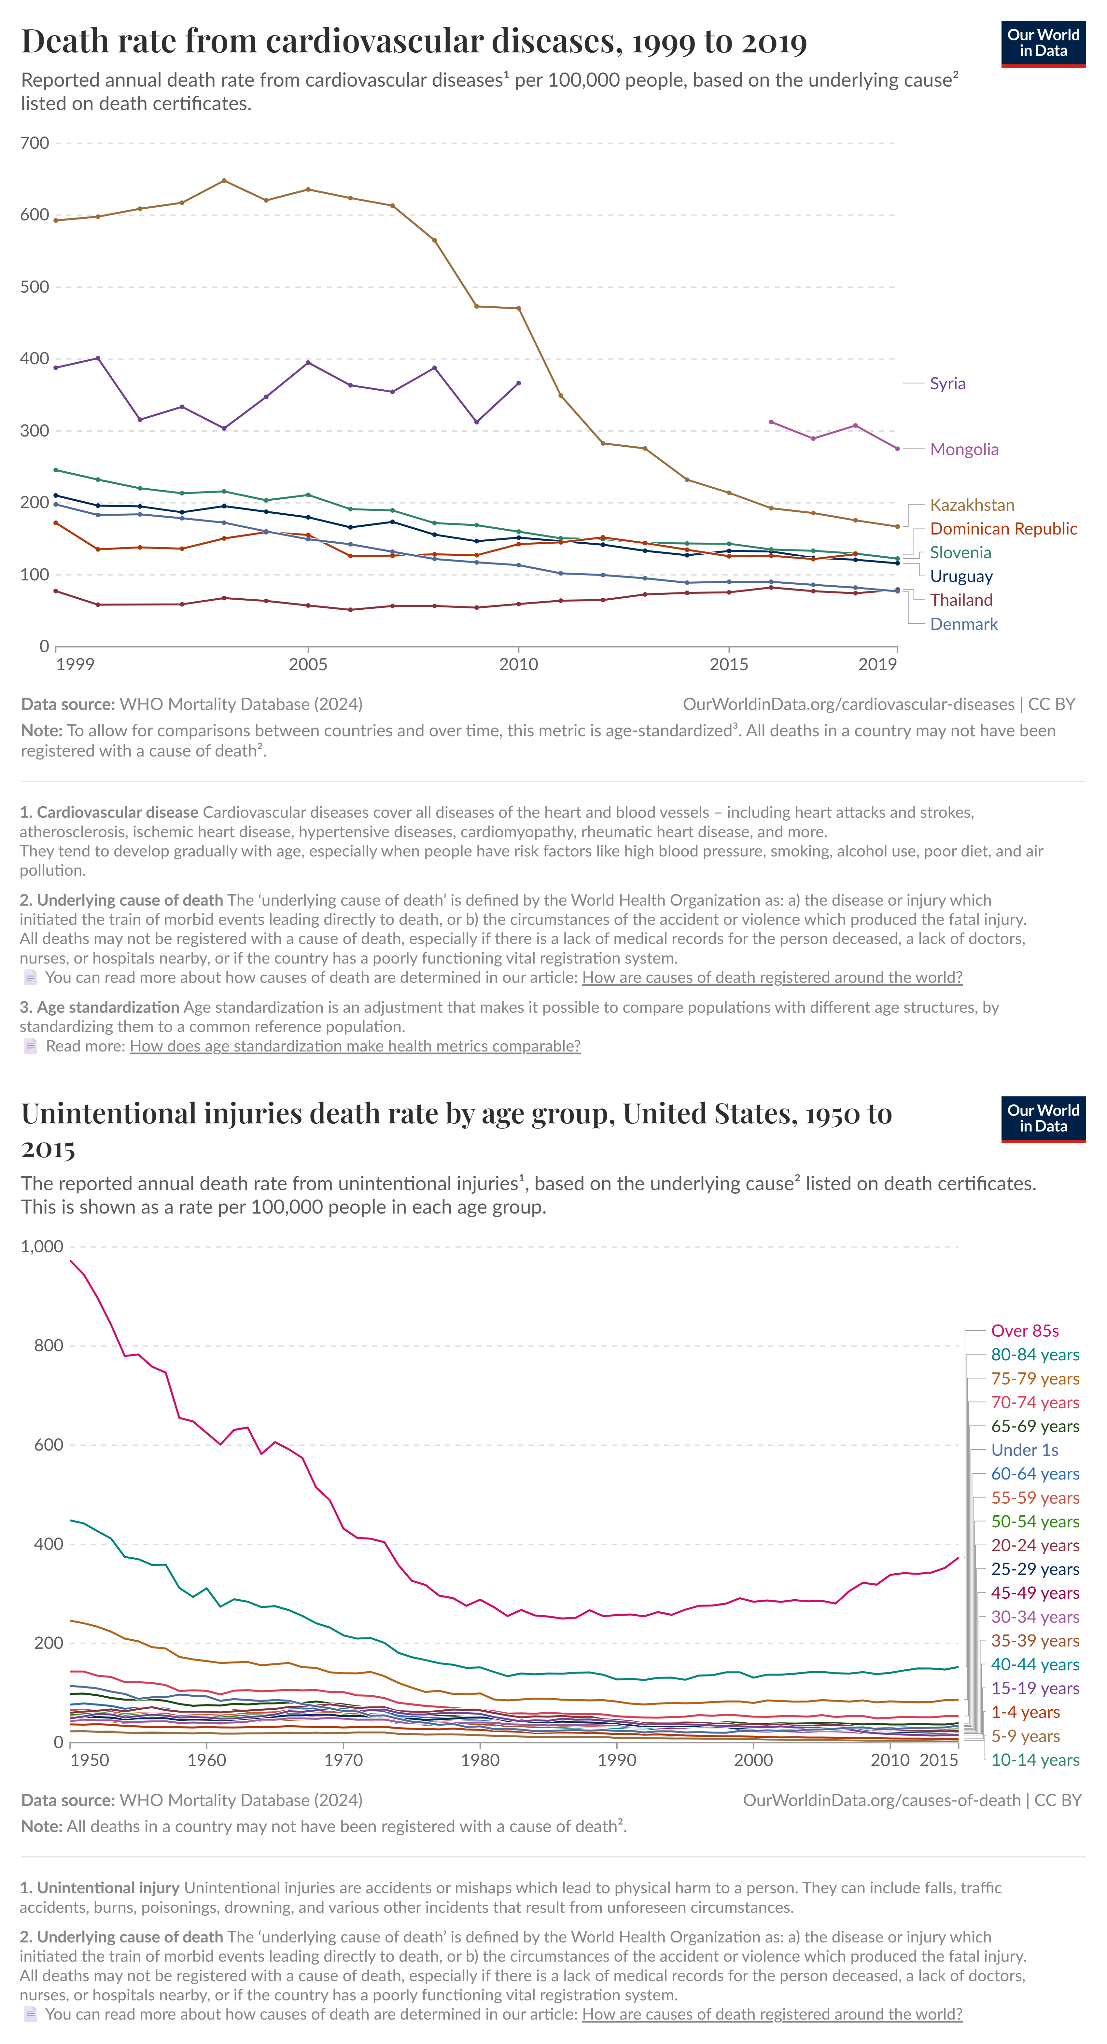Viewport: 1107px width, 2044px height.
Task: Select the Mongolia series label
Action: (963, 450)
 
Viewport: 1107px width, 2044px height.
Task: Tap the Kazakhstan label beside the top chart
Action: (971, 506)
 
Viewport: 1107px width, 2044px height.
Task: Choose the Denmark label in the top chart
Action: (963, 624)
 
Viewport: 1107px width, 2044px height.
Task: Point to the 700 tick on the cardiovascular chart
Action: (35, 144)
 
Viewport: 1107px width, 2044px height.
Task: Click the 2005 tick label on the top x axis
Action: (308, 665)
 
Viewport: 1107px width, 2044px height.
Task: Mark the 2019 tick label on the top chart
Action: (877, 665)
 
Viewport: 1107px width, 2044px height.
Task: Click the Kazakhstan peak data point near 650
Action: (224, 181)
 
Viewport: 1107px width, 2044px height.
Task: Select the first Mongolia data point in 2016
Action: (771, 422)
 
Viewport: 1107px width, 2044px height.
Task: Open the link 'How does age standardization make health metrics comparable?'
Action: (355, 1047)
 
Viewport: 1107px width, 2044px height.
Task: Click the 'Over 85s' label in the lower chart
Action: (1025, 1331)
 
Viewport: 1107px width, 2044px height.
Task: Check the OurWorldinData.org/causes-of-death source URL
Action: (881, 1801)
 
